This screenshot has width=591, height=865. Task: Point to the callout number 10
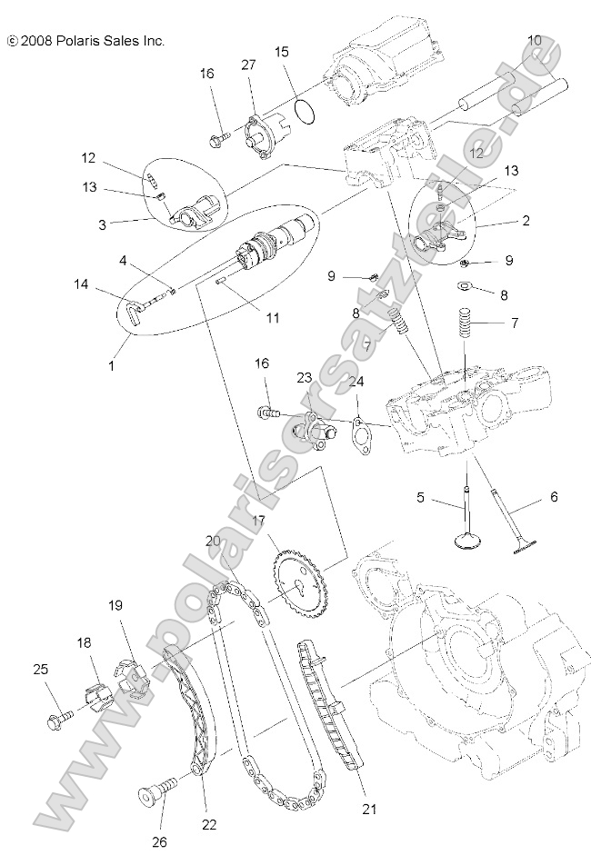click(x=534, y=40)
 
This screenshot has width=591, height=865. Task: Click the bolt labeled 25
click(x=55, y=721)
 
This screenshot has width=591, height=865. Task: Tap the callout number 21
click(x=368, y=808)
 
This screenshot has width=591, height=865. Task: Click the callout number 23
click(x=304, y=377)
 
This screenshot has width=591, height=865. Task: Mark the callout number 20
click(x=213, y=540)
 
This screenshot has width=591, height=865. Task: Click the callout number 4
click(x=121, y=261)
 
